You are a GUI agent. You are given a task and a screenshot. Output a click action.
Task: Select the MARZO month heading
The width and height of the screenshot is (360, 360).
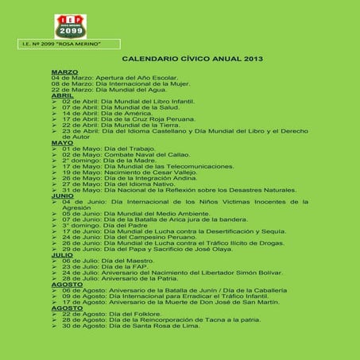[63, 72]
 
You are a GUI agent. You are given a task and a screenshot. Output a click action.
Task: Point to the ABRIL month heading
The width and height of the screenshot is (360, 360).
[61, 95]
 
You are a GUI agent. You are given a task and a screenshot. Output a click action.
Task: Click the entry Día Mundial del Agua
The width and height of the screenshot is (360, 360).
[104, 89]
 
